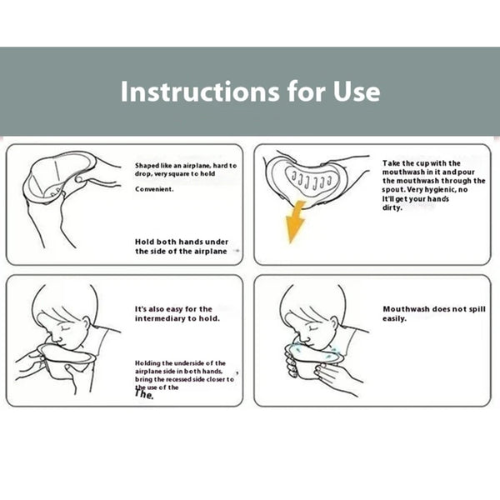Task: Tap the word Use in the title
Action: [x=357, y=92]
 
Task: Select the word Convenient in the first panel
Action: [x=154, y=189]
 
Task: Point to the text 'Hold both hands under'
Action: [x=182, y=242]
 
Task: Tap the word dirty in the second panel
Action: [x=392, y=207]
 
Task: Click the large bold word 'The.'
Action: [x=144, y=394]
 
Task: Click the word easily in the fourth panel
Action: [x=394, y=318]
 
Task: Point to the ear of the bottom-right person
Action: [x=333, y=322]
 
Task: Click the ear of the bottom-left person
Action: [x=86, y=323]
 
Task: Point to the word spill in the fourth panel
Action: [x=477, y=309]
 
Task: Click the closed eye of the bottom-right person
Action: [x=311, y=327]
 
